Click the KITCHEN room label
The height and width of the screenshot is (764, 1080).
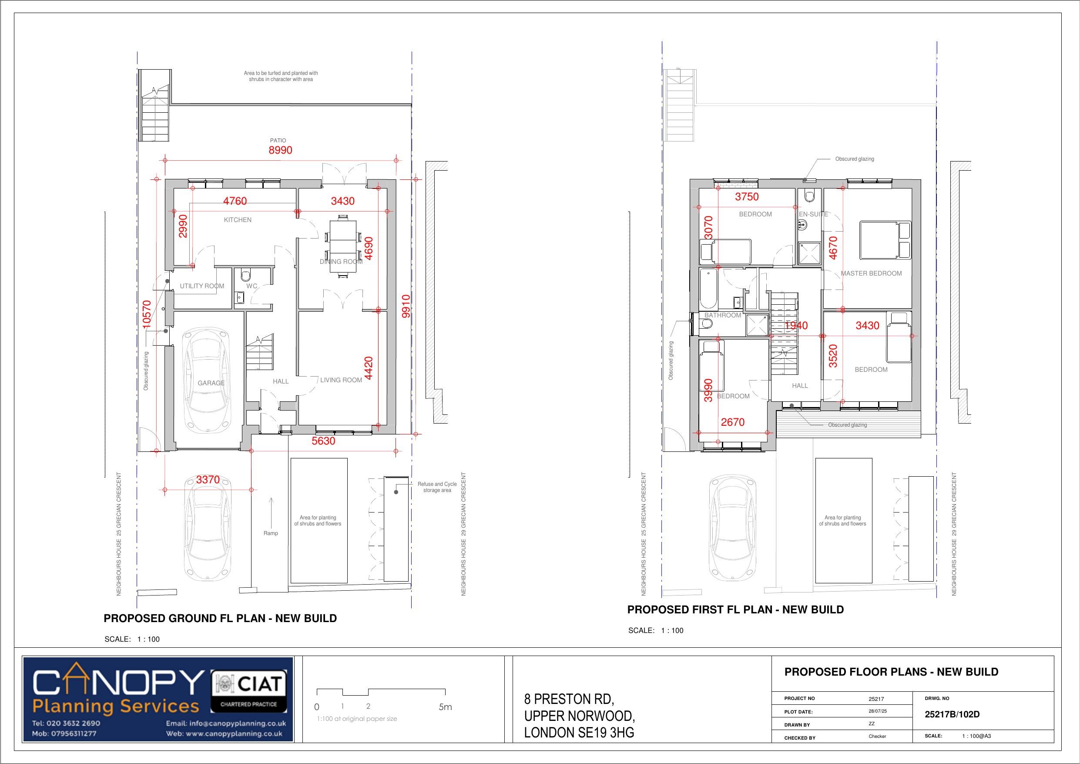pyautogui.click(x=238, y=220)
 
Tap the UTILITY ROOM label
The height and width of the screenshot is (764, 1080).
pyautogui.click(x=202, y=286)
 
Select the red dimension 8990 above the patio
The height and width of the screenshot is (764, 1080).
pyautogui.click(x=280, y=150)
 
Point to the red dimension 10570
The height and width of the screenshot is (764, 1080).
pyautogui.click(x=147, y=314)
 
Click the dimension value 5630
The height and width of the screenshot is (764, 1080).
pyautogui.click(x=324, y=441)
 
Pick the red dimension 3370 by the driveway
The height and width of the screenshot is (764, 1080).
pyautogui.click(x=208, y=479)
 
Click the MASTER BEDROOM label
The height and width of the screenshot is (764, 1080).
pyautogui.click(x=871, y=273)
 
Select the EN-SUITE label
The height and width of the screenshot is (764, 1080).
pyautogui.click(x=813, y=214)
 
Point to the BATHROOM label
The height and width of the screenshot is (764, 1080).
pyautogui.click(x=722, y=315)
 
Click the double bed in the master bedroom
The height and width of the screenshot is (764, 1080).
pyautogui.click(x=885, y=240)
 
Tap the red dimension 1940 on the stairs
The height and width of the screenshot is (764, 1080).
pyautogui.click(x=796, y=325)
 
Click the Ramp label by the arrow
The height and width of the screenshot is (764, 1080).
pyautogui.click(x=271, y=533)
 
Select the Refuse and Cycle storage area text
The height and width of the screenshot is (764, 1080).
pyautogui.click(x=437, y=487)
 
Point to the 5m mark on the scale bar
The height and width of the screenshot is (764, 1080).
pyautogui.click(x=445, y=707)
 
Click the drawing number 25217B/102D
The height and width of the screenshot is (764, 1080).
pyautogui.click(x=952, y=714)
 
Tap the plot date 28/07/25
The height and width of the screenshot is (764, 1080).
pyautogui.click(x=878, y=711)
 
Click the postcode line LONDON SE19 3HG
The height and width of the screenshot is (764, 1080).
pyautogui.click(x=579, y=733)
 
